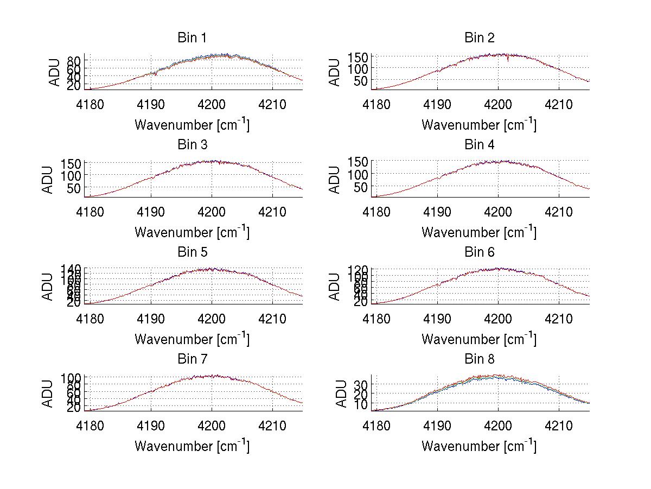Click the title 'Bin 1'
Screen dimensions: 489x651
(192, 38)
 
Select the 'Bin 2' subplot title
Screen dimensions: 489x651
(480, 38)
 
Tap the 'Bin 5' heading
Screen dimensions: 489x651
(192, 252)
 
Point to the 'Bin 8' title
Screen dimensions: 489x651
(480, 359)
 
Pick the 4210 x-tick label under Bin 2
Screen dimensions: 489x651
(559, 104)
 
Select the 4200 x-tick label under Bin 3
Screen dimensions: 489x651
(212, 211)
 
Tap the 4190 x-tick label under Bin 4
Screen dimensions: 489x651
(438, 211)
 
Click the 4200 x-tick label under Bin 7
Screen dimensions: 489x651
(212, 426)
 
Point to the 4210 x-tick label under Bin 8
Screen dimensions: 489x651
(559, 426)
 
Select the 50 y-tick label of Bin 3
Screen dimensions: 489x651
(75, 188)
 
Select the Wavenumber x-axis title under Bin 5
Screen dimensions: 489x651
(192, 340)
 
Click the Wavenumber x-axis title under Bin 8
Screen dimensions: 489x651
(479, 447)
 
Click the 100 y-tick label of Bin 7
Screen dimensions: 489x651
(72, 377)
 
